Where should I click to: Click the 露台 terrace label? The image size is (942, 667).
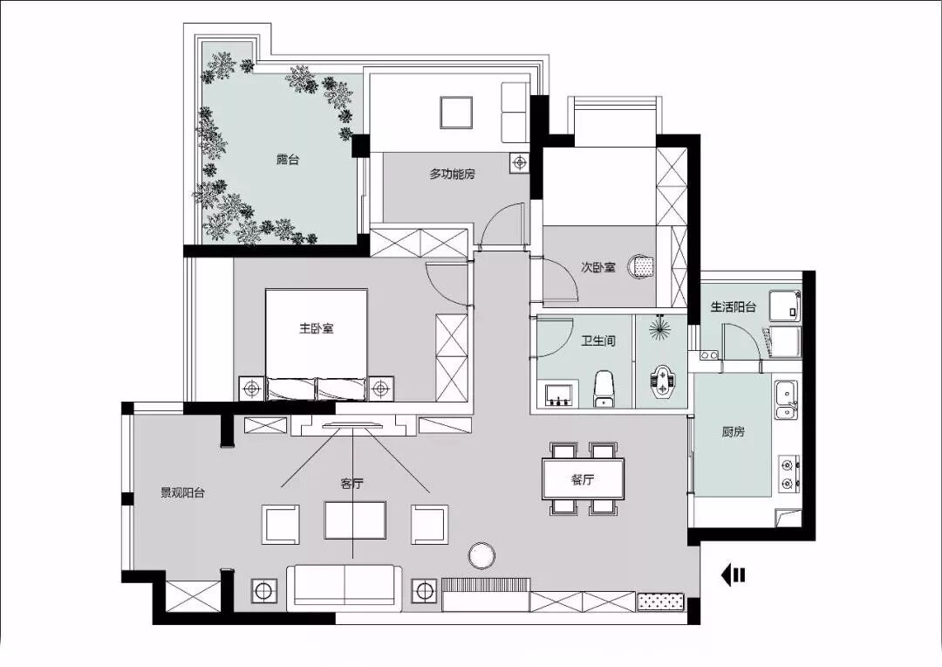[x=287, y=160]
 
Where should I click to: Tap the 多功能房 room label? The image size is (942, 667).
[x=452, y=174]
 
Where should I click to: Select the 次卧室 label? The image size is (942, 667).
[x=597, y=267]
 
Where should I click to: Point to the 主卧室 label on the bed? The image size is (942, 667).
[x=316, y=328]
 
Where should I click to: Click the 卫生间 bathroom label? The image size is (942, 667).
[x=597, y=341]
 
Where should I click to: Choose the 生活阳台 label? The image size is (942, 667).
[x=733, y=306]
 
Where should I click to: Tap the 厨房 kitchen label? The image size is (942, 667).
[x=733, y=431]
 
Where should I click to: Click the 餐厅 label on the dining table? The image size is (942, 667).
[x=583, y=479]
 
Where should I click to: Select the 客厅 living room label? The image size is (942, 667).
[x=352, y=483]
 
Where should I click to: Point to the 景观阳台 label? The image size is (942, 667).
[x=182, y=492]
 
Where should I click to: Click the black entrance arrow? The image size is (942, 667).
[x=733, y=575]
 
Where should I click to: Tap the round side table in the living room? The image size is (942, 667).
[x=481, y=556]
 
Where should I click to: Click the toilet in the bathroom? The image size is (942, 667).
[x=604, y=389]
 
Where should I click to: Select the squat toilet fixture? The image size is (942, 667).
[x=661, y=381]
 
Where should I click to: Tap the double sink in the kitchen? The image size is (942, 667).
[x=787, y=400]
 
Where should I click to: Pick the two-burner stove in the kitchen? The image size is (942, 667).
[x=788, y=473]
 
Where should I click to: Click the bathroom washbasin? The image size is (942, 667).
[x=562, y=395]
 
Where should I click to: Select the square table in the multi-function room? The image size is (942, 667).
[x=455, y=113]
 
